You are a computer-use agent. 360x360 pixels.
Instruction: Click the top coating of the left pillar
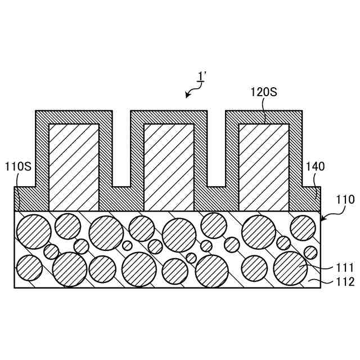(74, 117)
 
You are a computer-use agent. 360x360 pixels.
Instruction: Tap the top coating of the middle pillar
(169, 117)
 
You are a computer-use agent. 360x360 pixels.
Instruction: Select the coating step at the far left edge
(25, 199)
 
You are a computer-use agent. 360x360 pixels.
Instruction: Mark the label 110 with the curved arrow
(345, 200)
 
